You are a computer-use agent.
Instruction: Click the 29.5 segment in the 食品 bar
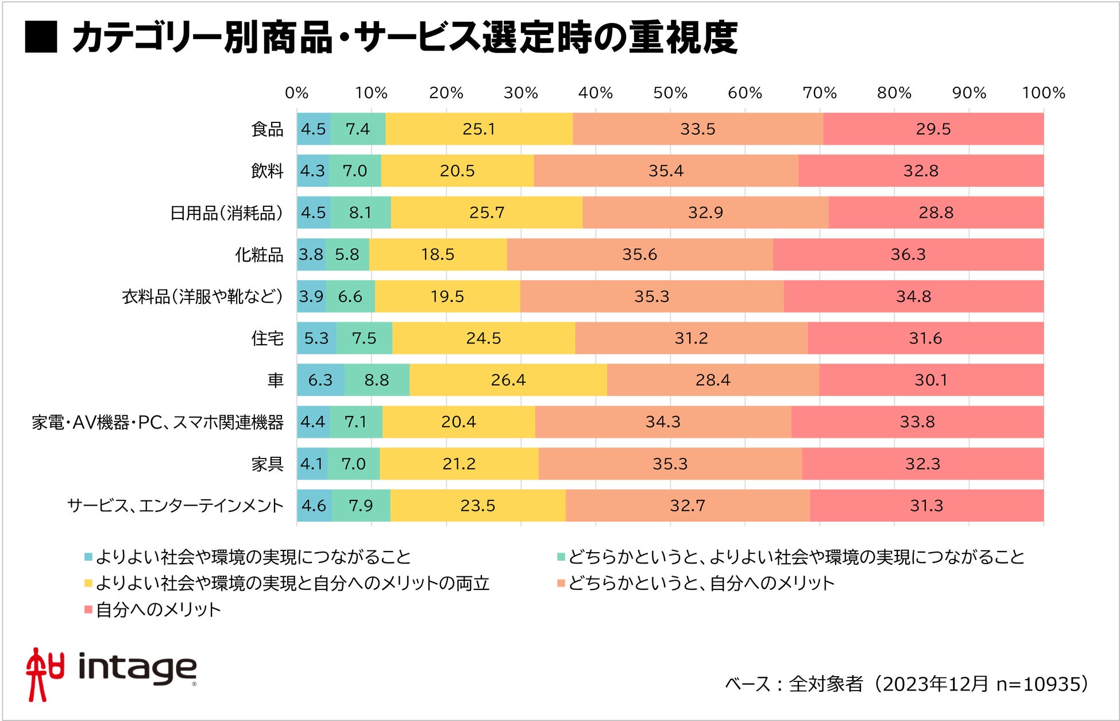click(933, 129)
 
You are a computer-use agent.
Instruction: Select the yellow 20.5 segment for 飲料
click(457, 171)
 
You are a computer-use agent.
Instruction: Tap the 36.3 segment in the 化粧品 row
click(908, 254)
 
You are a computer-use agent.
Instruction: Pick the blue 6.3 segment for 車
click(320, 380)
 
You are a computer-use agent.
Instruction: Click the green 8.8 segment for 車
click(377, 380)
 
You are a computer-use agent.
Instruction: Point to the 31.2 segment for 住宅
click(691, 338)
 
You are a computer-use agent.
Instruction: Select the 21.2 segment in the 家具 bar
click(459, 464)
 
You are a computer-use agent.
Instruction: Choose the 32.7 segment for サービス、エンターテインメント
click(687, 506)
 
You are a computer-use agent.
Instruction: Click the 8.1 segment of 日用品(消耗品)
click(360, 213)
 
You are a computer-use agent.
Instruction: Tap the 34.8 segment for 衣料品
click(913, 296)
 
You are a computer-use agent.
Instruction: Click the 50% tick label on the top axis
click(670, 92)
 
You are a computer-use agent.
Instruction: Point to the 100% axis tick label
click(1043, 92)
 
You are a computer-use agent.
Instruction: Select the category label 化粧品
click(259, 255)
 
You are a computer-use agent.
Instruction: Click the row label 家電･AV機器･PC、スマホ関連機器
click(157, 422)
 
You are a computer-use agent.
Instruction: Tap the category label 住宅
click(267, 338)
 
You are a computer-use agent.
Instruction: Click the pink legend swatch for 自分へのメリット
click(88, 609)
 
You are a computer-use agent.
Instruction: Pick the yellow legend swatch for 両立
click(88, 583)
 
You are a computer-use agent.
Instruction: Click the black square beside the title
click(41, 37)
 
